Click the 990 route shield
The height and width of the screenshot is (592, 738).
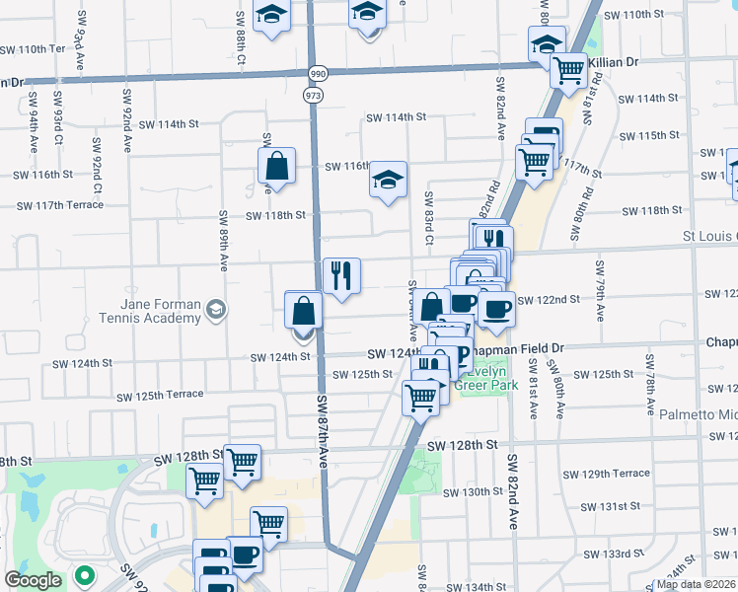pyautogui.click(x=317, y=74)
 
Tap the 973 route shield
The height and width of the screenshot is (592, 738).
pyautogui.click(x=315, y=95)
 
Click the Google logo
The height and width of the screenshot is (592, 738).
pyautogui.click(x=33, y=580)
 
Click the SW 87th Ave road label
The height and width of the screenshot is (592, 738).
pyautogui.click(x=323, y=434)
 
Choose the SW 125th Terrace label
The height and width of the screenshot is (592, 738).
pyautogui.click(x=159, y=396)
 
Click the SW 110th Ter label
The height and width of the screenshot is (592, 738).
pyautogui.click(x=32, y=49)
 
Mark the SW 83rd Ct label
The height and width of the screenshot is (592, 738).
pyautogui.click(x=429, y=217)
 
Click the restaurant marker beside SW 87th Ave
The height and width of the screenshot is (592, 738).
pyautogui.click(x=341, y=275)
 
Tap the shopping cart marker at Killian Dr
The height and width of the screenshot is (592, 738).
pyautogui.click(x=568, y=71)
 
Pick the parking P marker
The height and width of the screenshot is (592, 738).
pyautogui.click(x=460, y=356)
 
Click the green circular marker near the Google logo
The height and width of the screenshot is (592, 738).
pyautogui.click(x=86, y=574)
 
